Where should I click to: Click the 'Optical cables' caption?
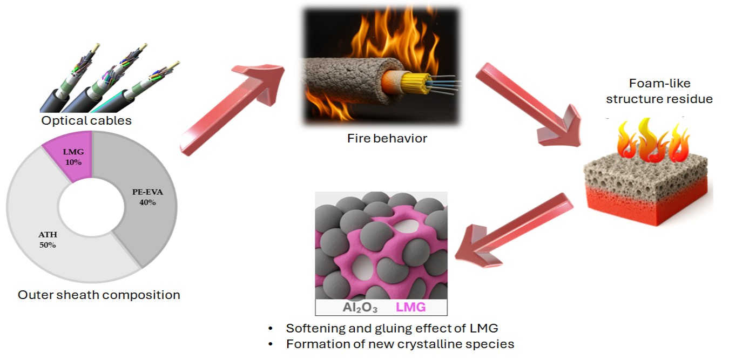(x=86, y=120)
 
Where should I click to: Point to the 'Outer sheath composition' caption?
(x=99, y=295)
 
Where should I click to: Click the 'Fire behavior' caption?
(x=387, y=138)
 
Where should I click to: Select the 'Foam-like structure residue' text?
(x=659, y=91)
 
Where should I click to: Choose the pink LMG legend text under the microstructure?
(x=411, y=308)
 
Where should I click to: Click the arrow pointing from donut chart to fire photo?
(x=232, y=108)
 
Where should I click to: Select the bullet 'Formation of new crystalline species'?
(x=400, y=344)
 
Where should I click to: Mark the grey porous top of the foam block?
(x=645, y=170)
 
